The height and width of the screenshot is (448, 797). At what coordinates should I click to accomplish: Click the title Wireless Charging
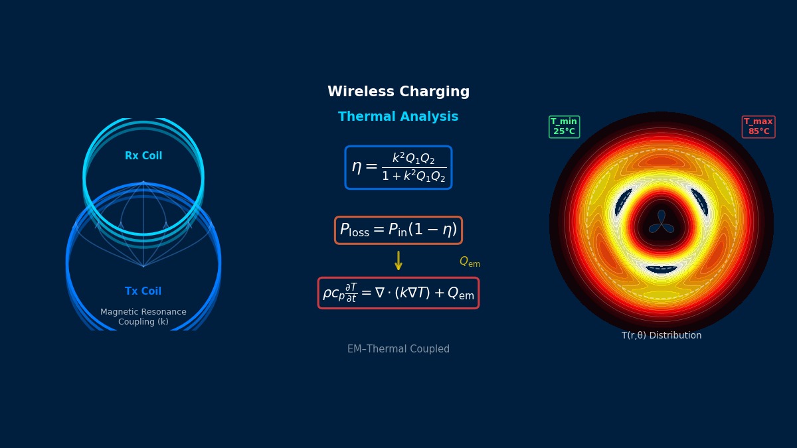point(398,92)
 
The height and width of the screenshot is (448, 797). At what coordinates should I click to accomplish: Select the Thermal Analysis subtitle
point(398,117)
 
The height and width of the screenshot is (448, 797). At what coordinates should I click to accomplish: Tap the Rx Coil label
point(143,156)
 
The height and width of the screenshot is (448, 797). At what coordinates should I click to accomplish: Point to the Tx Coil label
point(143,291)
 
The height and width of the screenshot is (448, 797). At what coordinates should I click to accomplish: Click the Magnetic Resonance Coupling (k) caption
point(143,317)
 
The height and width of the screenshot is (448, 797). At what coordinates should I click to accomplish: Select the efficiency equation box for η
point(398,167)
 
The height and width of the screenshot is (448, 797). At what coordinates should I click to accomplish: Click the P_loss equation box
point(398,230)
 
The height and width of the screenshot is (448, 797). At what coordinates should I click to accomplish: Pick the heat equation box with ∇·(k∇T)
point(398,293)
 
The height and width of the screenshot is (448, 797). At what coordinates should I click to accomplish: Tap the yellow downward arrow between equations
point(398,260)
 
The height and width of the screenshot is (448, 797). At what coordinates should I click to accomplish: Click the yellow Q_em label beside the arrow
point(470,262)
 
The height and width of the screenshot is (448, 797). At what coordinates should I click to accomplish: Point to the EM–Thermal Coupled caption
point(398,349)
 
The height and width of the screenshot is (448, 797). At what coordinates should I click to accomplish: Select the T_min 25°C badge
point(564,127)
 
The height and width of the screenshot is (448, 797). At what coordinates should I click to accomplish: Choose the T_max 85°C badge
point(758,127)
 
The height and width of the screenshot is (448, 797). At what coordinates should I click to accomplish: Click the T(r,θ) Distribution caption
point(662,336)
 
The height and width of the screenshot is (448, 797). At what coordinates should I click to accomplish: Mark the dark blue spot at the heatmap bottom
point(662,269)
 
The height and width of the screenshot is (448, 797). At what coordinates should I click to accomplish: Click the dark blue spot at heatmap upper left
point(623,202)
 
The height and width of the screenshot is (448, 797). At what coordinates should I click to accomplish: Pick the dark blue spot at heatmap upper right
point(700,202)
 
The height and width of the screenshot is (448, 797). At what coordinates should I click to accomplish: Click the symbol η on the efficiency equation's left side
point(357,167)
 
